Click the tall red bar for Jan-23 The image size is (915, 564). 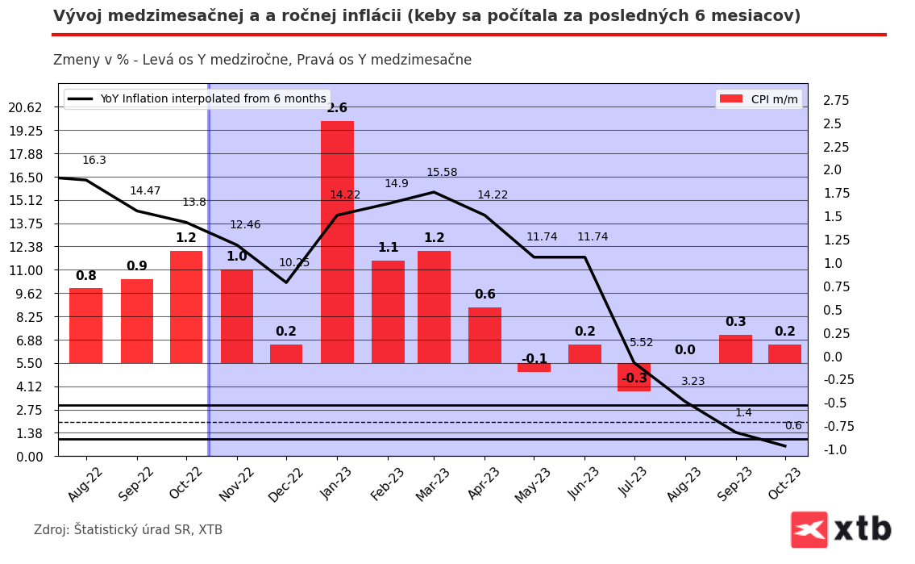click(337, 242)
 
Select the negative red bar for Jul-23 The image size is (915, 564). click(634, 378)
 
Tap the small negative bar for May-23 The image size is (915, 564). click(534, 368)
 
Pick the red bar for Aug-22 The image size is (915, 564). click(85, 326)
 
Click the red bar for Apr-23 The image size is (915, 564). click(485, 335)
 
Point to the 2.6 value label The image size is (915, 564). click(337, 108)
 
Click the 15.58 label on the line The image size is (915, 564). click(442, 173)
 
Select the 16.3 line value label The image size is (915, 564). click(94, 161)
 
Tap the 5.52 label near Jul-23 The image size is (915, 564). click(642, 343)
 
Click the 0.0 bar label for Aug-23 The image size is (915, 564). click(685, 350)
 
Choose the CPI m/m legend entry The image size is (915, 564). click(759, 99)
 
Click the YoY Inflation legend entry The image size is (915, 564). click(197, 99)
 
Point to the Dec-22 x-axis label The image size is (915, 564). click(286, 484)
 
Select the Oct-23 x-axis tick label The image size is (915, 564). click(785, 484)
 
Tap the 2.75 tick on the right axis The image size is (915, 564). click(836, 101)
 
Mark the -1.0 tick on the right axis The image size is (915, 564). click(834, 450)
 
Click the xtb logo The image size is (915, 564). click(842, 529)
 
